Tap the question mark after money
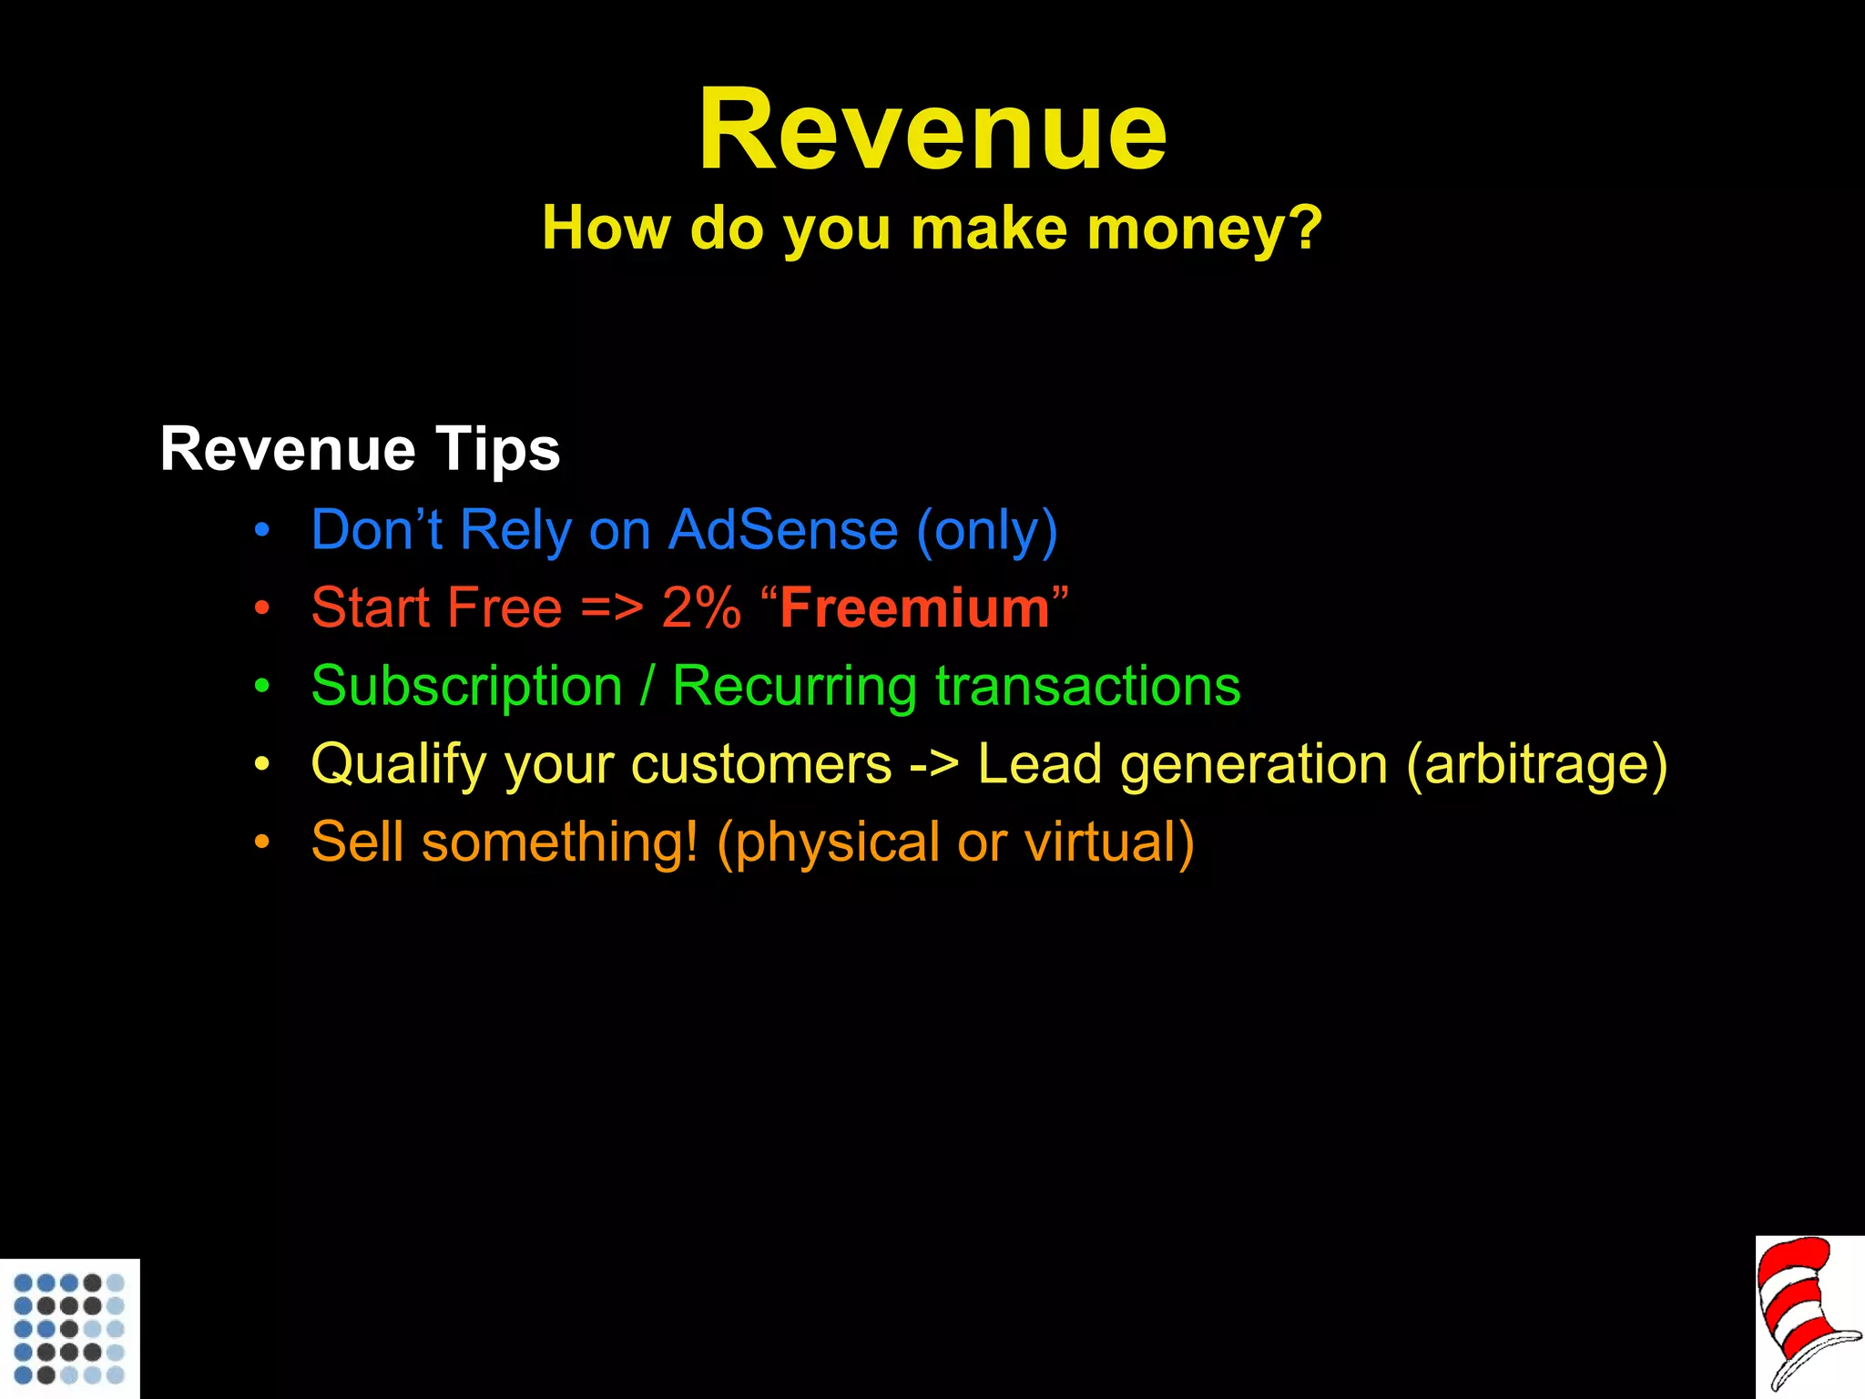(x=1306, y=228)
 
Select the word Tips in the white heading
(x=497, y=450)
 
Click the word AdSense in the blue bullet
(x=783, y=530)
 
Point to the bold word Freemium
(x=914, y=608)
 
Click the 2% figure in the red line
(x=701, y=608)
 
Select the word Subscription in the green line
(x=466, y=686)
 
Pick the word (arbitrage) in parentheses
(x=1537, y=763)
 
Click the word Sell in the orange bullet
(x=357, y=841)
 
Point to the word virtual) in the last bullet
(x=1109, y=842)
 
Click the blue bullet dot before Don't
(x=262, y=531)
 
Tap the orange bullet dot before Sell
(x=262, y=842)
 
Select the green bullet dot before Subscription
(x=262, y=687)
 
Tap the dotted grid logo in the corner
(x=69, y=1328)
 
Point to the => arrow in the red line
(x=612, y=608)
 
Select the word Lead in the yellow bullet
(x=1039, y=763)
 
